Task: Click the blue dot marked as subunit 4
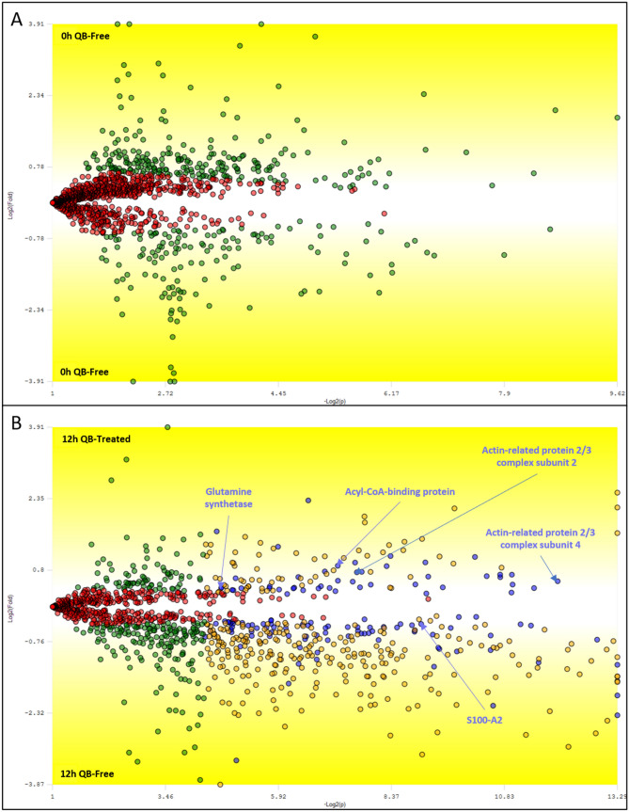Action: tap(557, 581)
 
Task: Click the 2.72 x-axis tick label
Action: tap(165, 390)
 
